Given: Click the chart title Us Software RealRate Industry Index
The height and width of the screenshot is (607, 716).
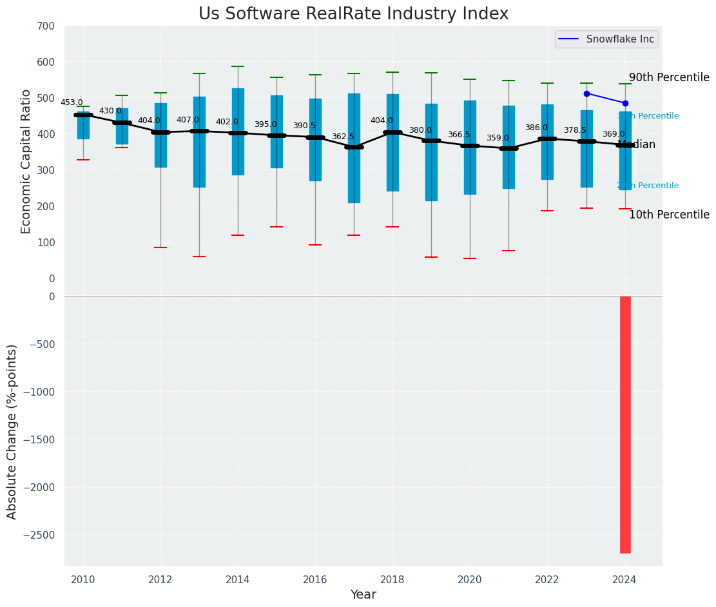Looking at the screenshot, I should point(353,14).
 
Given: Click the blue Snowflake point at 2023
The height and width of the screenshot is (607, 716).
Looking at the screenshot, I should point(586,93).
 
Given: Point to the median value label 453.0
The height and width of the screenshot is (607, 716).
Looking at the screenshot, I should point(72,102).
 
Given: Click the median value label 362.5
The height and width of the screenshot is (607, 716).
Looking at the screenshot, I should point(343,137).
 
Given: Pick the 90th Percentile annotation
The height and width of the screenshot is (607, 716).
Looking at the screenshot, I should point(669,77).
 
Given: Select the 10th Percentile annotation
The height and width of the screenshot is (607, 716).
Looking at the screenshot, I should point(669,215).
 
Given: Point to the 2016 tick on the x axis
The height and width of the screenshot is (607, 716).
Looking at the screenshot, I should point(315,579).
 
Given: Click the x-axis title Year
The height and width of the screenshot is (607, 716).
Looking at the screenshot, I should point(363,595).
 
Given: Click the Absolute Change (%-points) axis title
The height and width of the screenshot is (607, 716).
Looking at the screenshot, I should point(12,431).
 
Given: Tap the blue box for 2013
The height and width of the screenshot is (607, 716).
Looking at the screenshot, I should point(199,142).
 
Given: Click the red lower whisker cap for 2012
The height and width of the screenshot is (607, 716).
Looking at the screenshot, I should point(160,247).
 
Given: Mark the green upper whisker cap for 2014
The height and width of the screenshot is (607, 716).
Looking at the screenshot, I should point(238,66).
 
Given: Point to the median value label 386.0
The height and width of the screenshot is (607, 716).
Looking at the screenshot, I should point(536,128).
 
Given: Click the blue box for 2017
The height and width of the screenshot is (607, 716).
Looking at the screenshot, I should point(354,148).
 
